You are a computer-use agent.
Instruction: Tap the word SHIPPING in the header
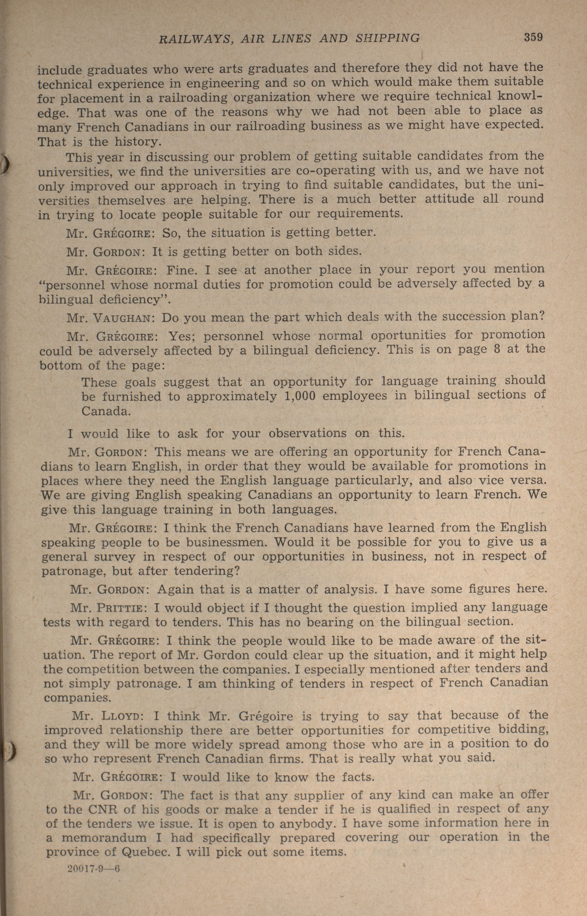tap(387, 38)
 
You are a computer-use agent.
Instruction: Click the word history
tap(137, 142)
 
